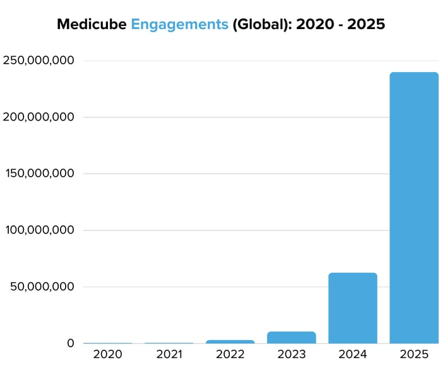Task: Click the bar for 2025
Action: pyautogui.click(x=414, y=208)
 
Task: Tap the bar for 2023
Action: pyautogui.click(x=291, y=337)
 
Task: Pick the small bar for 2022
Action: pyautogui.click(x=230, y=341)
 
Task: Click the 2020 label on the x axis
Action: pyautogui.click(x=107, y=355)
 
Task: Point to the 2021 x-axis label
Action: pyautogui.click(x=169, y=355)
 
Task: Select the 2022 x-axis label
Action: pyautogui.click(x=230, y=355)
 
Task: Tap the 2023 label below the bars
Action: pyautogui.click(x=291, y=355)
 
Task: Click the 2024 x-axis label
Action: pyautogui.click(x=352, y=355)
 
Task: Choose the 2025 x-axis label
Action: pyautogui.click(x=414, y=355)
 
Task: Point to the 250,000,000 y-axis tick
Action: pyautogui.click(x=39, y=61)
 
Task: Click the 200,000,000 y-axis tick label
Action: pyautogui.click(x=39, y=117)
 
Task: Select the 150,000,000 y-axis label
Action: pyautogui.click(x=39, y=174)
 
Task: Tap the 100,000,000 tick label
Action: pyautogui.click(x=39, y=230)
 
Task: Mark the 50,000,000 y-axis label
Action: pyautogui.click(x=44, y=287)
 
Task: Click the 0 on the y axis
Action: pyautogui.click(x=70, y=343)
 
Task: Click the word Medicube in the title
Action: pyautogui.click(x=92, y=25)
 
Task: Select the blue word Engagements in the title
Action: pyautogui.click(x=179, y=25)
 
